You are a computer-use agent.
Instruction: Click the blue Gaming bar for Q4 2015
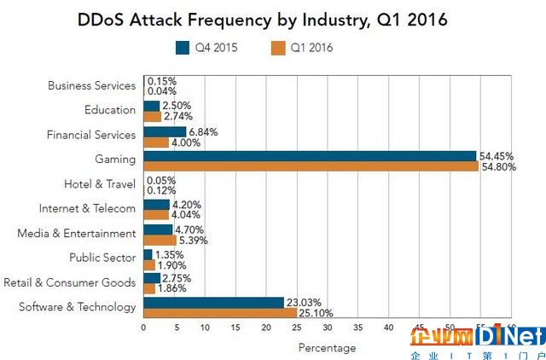[x=310, y=156]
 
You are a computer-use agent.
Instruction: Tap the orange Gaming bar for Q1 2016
[x=311, y=166]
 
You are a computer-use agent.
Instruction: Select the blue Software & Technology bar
[x=213, y=302]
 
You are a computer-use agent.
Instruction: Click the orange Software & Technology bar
[x=220, y=312]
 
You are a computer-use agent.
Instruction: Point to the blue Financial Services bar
[x=165, y=131]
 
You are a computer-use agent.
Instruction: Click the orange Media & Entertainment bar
[x=160, y=240]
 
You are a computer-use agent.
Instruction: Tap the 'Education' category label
[x=110, y=110]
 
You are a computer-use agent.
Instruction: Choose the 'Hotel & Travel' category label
[x=100, y=184]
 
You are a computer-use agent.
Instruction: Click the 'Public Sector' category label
[x=102, y=258]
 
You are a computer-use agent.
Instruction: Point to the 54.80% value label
[x=499, y=166]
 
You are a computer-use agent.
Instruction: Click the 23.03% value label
[x=304, y=302]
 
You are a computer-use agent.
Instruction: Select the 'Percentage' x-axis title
[x=327, y=347]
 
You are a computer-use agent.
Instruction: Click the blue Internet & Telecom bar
[x=156, y=205]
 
